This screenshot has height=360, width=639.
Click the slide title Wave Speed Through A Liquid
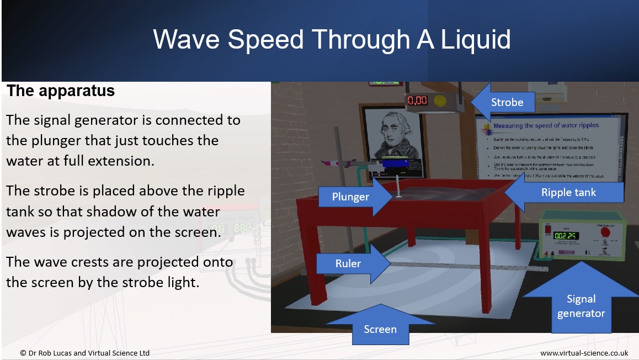tap(332, 40)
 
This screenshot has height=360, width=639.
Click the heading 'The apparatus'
tap(61, 91)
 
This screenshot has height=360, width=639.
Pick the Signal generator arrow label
tap(581, 305)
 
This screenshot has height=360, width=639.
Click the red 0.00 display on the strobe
tap(417, 100)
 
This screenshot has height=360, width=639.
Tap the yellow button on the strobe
tap(440, 100)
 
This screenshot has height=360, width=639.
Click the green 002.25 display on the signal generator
tap(565, 236)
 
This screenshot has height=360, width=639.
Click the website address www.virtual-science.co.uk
tap(584, 353)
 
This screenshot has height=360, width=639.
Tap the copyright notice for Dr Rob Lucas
tap(84, 353)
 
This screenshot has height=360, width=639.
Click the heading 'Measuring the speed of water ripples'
tap(546, 126)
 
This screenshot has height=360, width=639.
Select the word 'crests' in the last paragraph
tap(86, 262)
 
